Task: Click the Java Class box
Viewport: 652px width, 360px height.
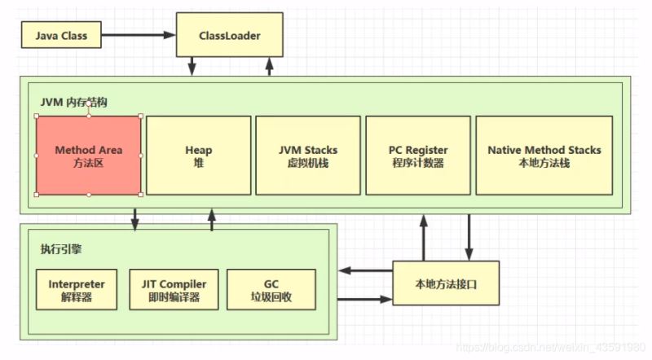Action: tap(61, 36)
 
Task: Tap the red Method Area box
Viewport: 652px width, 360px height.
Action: tap(88, 156)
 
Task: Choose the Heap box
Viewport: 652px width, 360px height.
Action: tap(198, 156)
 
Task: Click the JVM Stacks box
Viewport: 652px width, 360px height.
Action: tap(308, 156)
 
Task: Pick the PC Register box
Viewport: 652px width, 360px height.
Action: tap(418, 156)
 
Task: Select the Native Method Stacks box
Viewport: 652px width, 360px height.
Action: tap(544, 156)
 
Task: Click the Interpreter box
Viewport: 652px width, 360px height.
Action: tap(77, 290)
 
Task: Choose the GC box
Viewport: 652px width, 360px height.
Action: tap(271, 290)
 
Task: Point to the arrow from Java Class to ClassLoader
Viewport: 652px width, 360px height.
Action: tap(139, 36)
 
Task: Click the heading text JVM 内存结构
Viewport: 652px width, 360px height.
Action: tap(74, 102)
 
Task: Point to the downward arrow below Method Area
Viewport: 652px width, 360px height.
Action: tap(135, 217)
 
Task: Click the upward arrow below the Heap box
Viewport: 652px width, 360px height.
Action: tap(212, 217)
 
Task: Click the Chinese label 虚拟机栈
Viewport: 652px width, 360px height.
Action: tap(308, 162)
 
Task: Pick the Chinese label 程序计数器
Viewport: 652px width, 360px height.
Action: tap(418, 162)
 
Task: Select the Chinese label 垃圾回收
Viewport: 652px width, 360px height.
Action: tap(271, 297)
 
